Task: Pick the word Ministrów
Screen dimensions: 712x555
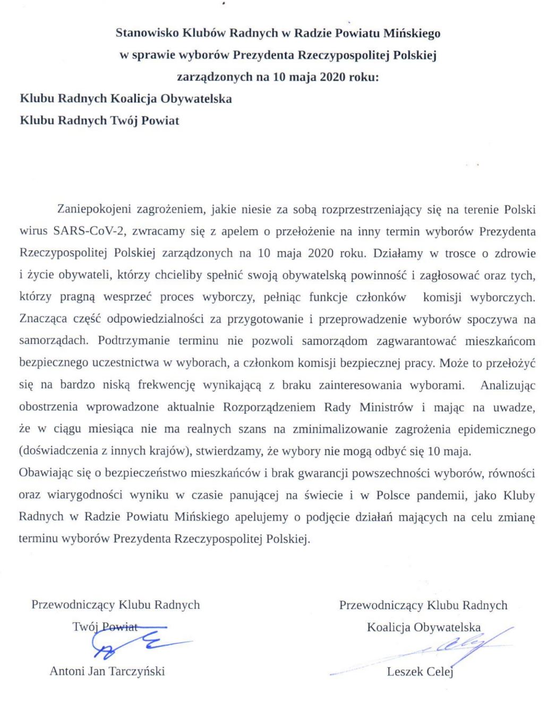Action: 386,407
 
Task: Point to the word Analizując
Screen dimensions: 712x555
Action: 508,385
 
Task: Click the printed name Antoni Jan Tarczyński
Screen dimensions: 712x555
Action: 107,671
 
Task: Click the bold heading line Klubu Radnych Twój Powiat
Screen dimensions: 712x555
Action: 99,121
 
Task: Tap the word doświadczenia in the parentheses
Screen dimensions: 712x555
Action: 55,451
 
